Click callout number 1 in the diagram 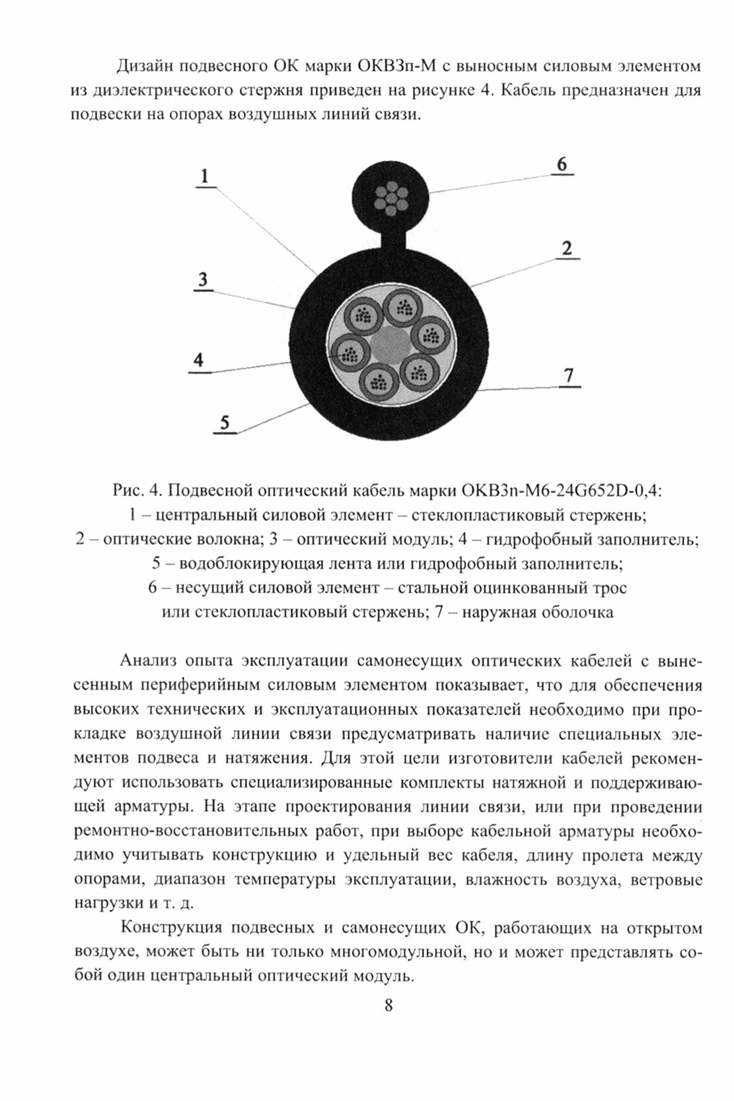pos(205,176)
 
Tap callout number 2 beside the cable pos(566,249)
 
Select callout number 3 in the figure pos(203,279)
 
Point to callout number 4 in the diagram pos(199,360)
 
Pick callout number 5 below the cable pos(225,422)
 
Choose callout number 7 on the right pos(568,375)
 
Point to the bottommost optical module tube pos(378,382)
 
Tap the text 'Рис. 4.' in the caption pos(137,491)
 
